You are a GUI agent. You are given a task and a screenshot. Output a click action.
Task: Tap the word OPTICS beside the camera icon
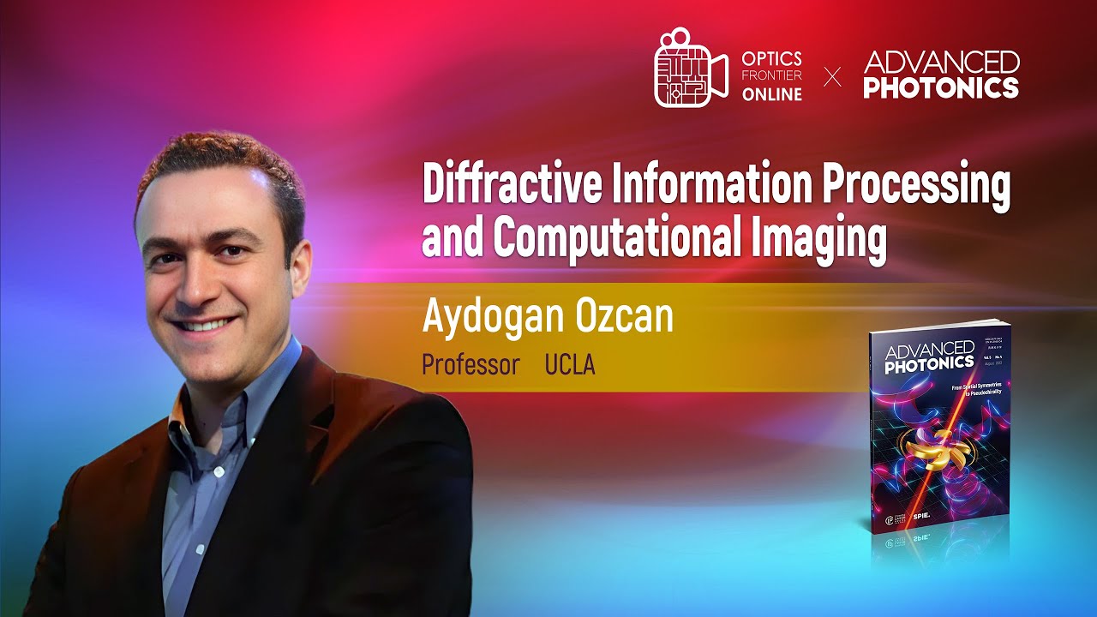[772, 58]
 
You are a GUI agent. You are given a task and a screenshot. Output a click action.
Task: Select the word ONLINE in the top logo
[772, 94]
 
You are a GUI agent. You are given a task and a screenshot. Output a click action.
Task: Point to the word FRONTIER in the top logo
[772, 76]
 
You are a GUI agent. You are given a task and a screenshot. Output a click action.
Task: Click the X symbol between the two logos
[832, 77]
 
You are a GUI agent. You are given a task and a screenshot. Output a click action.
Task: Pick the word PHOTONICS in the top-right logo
[941, 87]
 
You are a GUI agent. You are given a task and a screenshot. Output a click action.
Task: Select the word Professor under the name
[471, 365]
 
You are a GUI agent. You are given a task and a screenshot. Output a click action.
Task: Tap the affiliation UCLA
[570, 365]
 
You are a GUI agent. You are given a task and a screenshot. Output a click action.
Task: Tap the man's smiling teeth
[207, 325]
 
